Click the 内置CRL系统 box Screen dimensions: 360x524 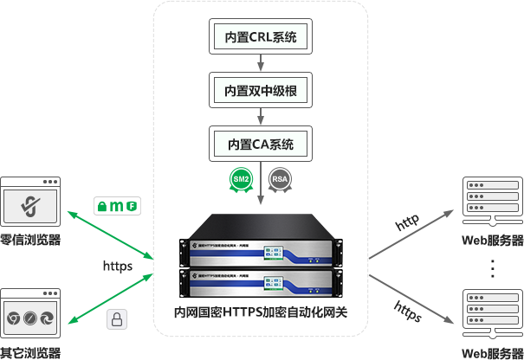pos(261,38)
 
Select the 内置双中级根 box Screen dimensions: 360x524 pos(261,90)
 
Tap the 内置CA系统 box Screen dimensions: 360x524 pos(261,143)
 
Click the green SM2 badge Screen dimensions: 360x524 pos(241,179)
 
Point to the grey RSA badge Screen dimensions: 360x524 pos(280,179)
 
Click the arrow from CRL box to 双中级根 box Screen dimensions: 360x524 pos(261,64)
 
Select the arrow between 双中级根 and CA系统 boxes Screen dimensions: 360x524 pos(261,116)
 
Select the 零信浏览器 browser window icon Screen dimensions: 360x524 pos(30,202)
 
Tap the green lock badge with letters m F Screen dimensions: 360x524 pos(117,206)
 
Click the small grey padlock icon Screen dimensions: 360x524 pos(117,319)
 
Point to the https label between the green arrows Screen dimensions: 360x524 pos(117,266)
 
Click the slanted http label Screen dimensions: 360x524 pos(407,222)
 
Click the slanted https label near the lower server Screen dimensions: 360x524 pos(408,312)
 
